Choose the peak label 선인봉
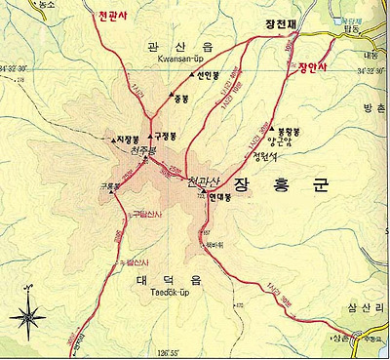pos(182,76)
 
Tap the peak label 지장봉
pos(128,140)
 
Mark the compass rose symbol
pos(28,314)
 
